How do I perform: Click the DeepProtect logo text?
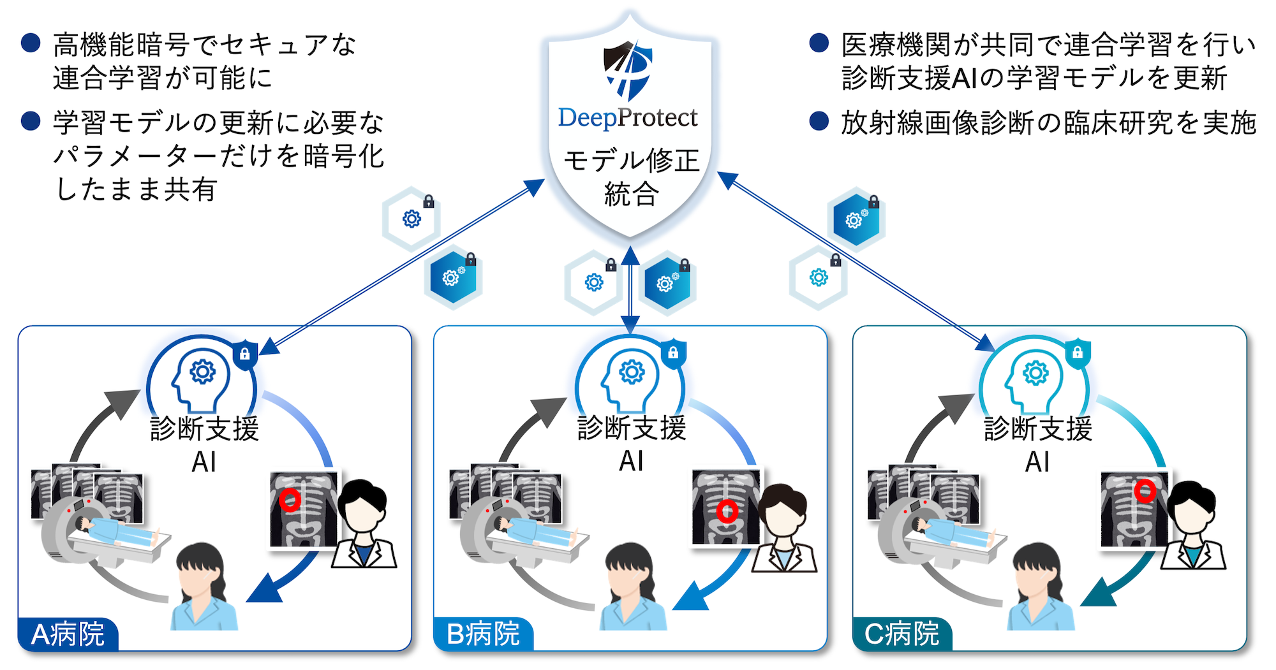pos(628,118)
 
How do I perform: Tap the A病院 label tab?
pos(68,634)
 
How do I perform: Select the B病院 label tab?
pos(484,634)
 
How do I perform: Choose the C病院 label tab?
pos(902,634)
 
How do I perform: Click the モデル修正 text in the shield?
pos(631,160)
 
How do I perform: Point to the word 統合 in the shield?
pos(630,194)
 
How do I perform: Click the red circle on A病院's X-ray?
pos(290,500)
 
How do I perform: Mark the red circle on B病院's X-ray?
pos(727,511)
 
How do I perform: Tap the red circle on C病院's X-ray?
pos(1145,491)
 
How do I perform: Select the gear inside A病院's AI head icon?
pos(203,371)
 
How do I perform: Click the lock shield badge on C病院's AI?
pos(1078,353)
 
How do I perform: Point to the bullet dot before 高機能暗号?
pos(31,43)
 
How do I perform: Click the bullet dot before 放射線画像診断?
pos(819,120)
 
